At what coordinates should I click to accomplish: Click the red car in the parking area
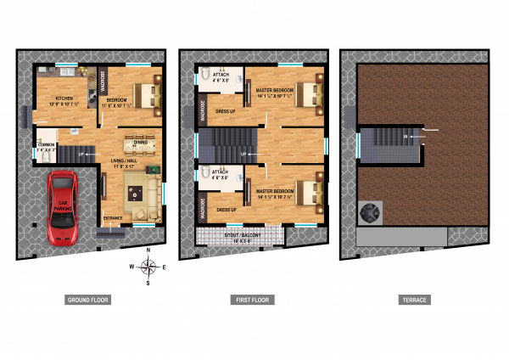(63, 208)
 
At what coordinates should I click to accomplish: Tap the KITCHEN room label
(64, 98)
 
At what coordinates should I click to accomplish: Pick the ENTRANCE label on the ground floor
(113, 218)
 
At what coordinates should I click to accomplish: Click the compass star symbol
(148, 267)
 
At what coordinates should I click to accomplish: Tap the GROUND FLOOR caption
(87, 300)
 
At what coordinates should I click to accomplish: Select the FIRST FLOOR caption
(253, 300)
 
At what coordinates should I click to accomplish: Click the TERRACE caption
(415, 300)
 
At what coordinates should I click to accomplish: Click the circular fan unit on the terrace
(372, 212)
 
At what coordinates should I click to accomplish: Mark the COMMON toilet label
(47, 145)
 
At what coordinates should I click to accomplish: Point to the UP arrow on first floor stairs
(244, 153)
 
